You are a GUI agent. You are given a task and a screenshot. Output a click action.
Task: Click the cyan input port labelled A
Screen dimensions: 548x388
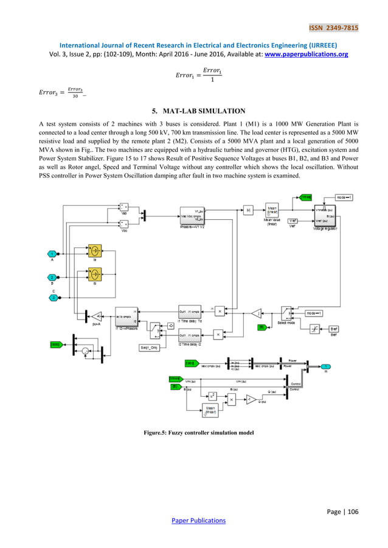tap(53, 253)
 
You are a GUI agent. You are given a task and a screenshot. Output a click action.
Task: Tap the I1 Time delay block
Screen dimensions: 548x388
tap(189, 310)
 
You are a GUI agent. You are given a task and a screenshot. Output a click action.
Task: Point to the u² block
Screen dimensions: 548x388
tap(213, 396)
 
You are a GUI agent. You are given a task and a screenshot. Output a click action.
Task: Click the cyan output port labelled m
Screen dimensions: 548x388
tap(327, 366)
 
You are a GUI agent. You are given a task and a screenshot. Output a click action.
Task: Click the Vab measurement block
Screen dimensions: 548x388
tap(124, 208)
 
